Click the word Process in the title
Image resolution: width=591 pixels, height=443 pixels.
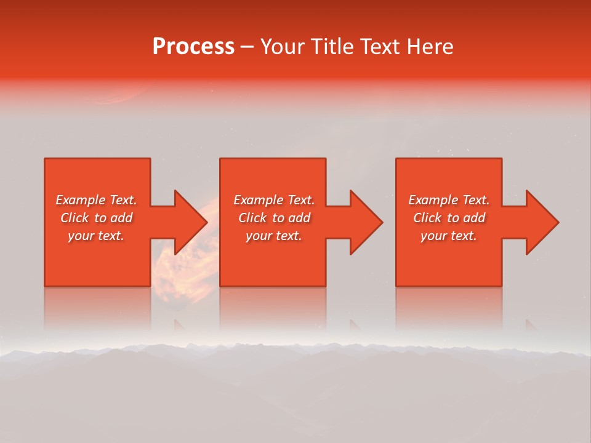[193, 47]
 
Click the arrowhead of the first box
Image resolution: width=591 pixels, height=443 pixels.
[188, 222]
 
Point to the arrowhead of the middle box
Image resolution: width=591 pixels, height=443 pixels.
[364, 222]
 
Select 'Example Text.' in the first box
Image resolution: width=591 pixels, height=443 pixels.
[96, 200]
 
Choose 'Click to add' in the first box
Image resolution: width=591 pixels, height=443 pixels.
[96, 218]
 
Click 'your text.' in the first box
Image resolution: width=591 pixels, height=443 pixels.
[96, 236]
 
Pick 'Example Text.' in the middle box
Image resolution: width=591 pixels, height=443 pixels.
[274, 200]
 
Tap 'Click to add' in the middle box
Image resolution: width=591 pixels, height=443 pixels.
[274, 218]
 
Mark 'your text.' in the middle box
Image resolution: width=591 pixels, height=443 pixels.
[274, 236]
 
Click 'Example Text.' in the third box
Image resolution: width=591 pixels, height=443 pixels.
[449, 200]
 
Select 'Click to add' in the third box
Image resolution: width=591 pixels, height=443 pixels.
[449, 218]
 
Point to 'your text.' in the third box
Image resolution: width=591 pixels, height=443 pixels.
[449, 236]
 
